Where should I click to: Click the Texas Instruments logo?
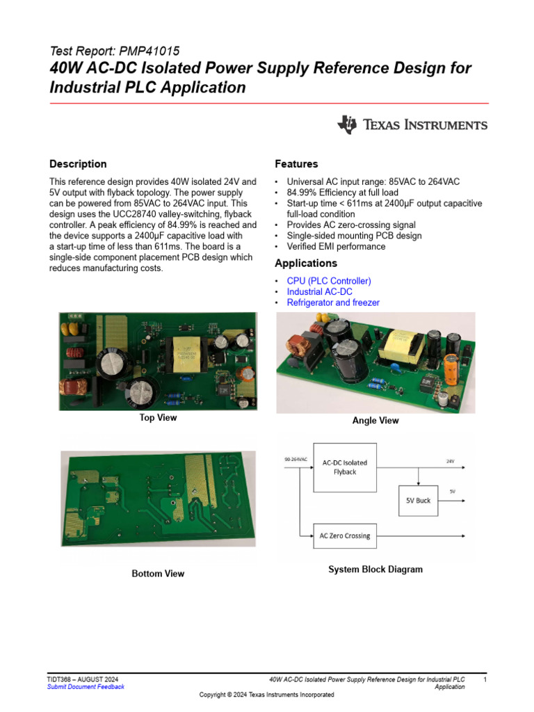(412, 124)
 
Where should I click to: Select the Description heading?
(78, 164)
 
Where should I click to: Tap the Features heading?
(296, 164)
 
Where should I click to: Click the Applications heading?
(306, 264)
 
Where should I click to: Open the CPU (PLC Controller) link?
(329, 281)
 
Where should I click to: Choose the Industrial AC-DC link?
(319, 292)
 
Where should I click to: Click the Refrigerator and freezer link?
(333, 303)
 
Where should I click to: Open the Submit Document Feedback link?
(86, 687)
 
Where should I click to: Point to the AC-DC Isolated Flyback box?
(345, 467)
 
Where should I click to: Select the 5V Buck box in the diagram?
(418, 500)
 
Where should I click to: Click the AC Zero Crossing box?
(345, 535)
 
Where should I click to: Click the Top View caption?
(158, 418)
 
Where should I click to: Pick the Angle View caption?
(375, 421)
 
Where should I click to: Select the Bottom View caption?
(158, 574)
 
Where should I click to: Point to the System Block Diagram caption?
(375, 569)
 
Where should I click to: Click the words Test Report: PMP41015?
(115, 51)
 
